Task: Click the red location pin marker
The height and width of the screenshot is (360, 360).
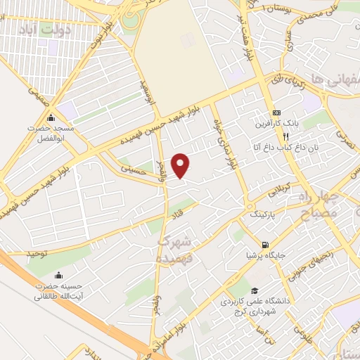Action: [x=181, y=165]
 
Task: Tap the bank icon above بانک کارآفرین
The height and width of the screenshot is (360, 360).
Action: [x=276, y=112]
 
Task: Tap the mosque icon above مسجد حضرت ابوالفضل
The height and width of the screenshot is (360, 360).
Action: [x=51, y=118]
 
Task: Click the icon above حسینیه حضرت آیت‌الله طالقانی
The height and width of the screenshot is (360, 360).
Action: [x=58, y=275]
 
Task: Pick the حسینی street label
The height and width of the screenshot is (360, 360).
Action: [x=134, y=168]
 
